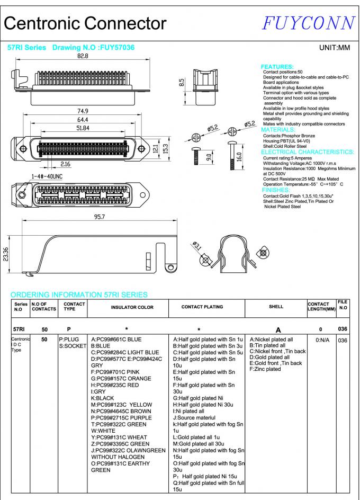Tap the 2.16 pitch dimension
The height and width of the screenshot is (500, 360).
[x=66, y=165]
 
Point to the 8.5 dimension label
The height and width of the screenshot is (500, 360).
[x=182, y=83]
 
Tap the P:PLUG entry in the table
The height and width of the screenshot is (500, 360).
[x=69, y=339]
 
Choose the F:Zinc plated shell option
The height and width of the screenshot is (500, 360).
[x=265, y=369]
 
